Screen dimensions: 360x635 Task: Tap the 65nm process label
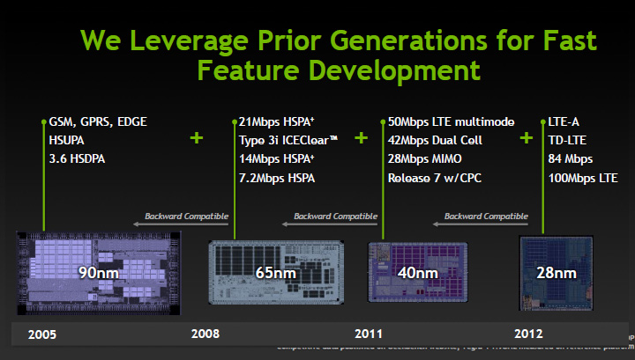click(275, 273)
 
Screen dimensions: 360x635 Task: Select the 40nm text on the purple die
click(417, 273)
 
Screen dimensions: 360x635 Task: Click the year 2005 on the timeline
click(43, 334)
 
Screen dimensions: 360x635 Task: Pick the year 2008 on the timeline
click(205, 334)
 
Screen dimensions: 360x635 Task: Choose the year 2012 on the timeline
click(529, 334)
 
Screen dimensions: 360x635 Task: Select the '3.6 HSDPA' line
click(78, 159)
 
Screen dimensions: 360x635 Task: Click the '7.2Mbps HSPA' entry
click(277, 179)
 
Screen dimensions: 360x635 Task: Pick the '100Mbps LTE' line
click(582, 179)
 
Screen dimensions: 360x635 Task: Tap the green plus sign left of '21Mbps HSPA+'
click(196, 138)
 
